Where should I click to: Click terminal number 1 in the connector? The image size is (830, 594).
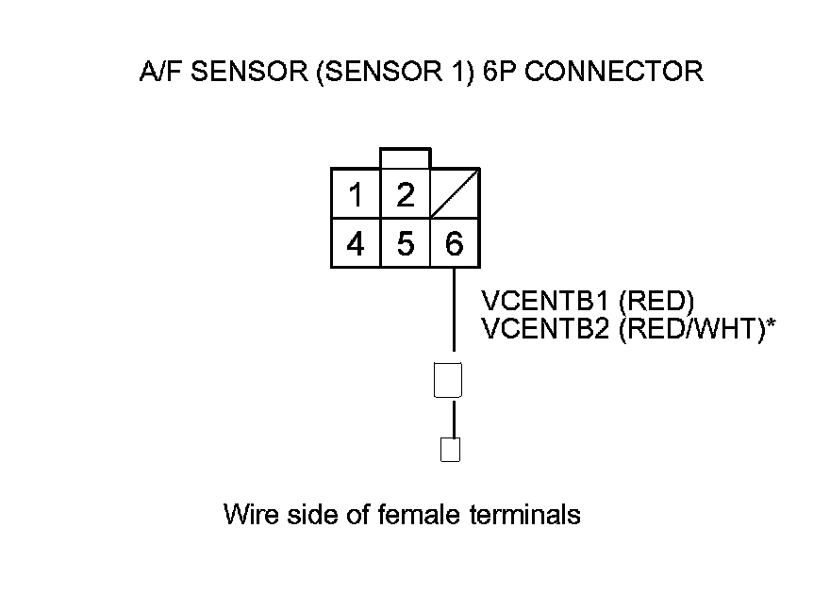tap(356, 195)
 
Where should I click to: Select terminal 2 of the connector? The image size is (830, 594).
tap(406, 195)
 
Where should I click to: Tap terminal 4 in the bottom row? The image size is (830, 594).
tap(356, 244)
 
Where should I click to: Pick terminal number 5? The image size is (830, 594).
tap(406, 244)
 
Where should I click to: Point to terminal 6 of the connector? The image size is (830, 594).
tap(455, 244)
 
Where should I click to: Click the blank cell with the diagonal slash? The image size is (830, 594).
tap(455, 195)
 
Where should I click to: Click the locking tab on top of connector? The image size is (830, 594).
tap(406, 158)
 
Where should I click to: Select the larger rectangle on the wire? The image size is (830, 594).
tap(447, 380)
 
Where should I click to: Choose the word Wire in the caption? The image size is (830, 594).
tap(248, 515)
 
